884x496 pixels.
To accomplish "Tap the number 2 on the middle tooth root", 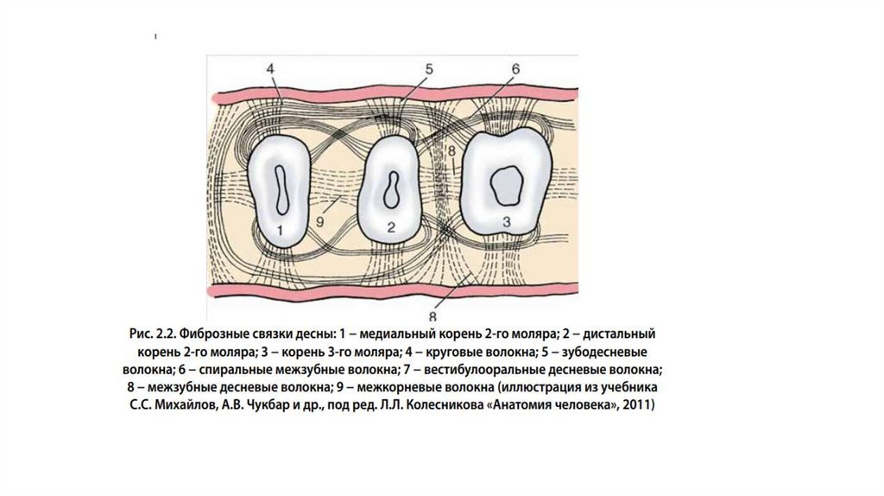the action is [391, 228].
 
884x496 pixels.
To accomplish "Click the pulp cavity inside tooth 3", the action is [504, 183].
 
